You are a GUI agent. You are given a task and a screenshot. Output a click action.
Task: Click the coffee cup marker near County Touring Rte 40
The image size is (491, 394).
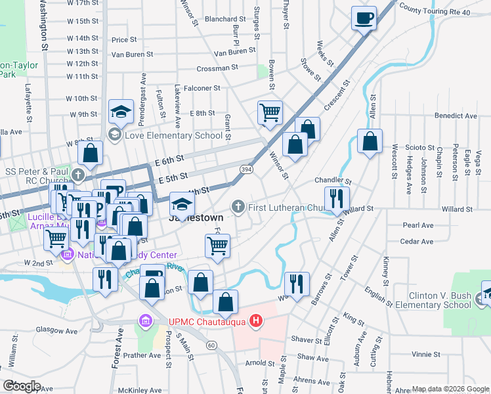pyautogui.click(x=363, y=18)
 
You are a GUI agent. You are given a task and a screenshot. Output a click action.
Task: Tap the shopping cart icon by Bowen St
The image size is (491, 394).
pyautogui.click(x=270, y=113)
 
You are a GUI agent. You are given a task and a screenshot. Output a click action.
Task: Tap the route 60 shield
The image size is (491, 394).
pyautogui.click(x=211, y=345)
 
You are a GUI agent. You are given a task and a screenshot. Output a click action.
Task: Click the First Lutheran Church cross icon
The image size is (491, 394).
pyautogui.click(x=240, y=208)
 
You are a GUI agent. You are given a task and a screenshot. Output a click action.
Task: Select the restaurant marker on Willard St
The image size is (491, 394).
pyautogui.click(x=337, y=198)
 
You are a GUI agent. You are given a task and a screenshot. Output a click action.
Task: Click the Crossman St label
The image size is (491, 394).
pyautogui.click(x=217, y=68)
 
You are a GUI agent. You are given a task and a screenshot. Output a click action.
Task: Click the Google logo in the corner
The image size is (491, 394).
pyautogui.click(x=22, y=386)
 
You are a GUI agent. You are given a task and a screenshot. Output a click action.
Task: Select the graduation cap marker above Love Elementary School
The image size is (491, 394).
pyautogui.click(x=121, y=112)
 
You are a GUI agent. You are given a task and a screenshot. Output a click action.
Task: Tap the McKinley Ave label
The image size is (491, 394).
pyautogui.click(x=142, y=388)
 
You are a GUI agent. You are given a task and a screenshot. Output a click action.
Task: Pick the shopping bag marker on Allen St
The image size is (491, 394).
pyautogui.click(x=370, y=141)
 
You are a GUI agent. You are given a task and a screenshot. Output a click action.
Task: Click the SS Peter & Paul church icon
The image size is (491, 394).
pyautogui.click(x=79, y=175)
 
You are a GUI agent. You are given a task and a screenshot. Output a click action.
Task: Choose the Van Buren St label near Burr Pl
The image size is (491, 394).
pyautogui.click(x=234, y=51)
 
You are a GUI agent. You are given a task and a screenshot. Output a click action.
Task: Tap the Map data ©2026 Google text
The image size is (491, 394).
pyautogui.click(x=450, y=389)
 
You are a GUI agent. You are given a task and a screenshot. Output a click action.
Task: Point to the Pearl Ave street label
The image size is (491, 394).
pyautogui.click(x=418, y=225)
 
